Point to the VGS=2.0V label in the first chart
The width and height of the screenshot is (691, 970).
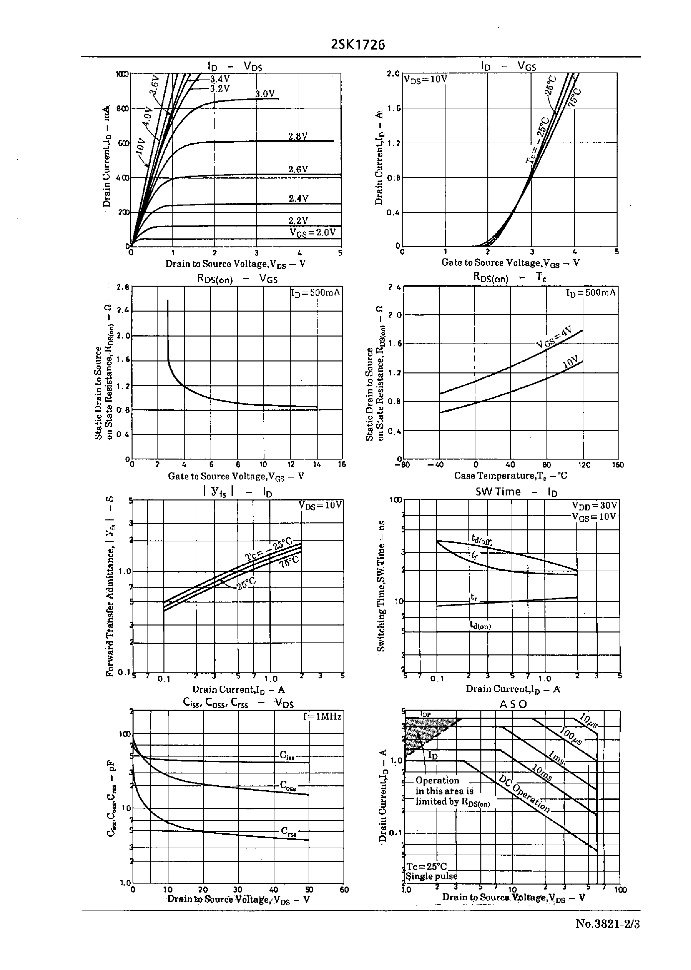[313, 232]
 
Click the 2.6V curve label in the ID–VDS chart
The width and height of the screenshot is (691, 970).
[298, 169]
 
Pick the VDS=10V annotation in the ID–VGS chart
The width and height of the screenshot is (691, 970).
[425, 79]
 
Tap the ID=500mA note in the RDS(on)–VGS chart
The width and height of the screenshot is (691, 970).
[315, 293]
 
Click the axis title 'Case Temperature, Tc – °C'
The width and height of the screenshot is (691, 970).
[510, 476]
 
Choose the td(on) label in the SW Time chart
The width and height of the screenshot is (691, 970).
[480, 625]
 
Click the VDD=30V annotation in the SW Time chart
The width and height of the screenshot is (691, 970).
[594, 505]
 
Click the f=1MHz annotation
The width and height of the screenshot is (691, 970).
[322, 717]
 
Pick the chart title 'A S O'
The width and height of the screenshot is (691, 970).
[513, 704]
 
